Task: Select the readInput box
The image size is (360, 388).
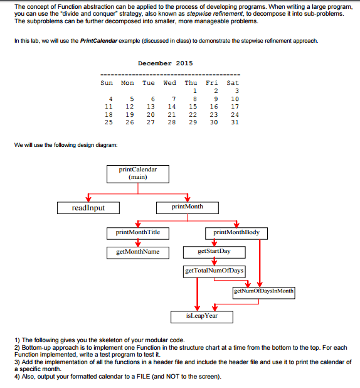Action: tap(88, 208)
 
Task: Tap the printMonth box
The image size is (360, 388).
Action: tap(187, 207)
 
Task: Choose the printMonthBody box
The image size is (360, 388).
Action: tap(236, 232)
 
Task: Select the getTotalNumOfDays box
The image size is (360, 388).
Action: tap(214, 271)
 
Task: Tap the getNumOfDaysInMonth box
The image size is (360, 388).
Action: tap(263, 291)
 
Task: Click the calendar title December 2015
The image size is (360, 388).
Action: tap(165, 63)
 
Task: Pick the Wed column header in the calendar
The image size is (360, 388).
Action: tap(169, 83)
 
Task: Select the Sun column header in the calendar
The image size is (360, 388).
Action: tap(107, 83)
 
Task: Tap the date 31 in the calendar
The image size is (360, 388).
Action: tap(235, 122)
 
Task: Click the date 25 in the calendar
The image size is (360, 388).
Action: tap(109, 122)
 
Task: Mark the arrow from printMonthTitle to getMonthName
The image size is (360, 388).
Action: tap(137, 242)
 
